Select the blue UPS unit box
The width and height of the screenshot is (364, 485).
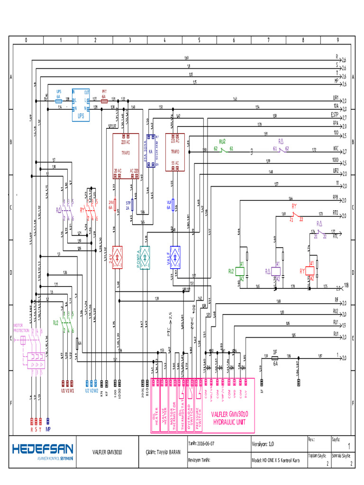81,105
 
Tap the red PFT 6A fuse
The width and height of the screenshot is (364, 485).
104,100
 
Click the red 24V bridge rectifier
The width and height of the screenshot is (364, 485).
118,257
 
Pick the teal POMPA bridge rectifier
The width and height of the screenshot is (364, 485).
145,257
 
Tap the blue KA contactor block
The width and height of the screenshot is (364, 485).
151,151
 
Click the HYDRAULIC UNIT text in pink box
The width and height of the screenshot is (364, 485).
230,421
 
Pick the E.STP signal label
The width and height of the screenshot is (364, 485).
334,115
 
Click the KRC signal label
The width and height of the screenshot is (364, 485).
336,148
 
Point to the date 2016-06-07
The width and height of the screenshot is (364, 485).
206,444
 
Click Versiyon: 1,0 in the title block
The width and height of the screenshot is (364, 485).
263,444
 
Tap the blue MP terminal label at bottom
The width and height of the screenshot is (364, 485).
48,430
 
